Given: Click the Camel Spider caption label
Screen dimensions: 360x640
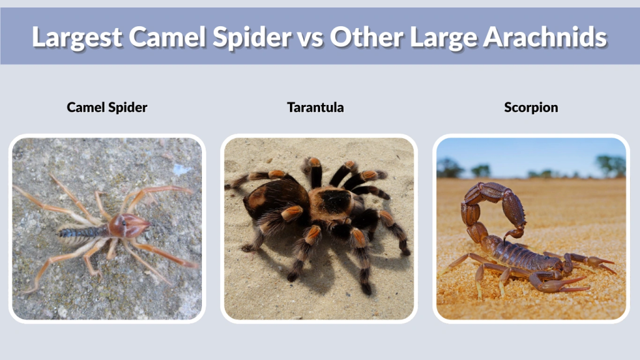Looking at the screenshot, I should click(x=107, y=107).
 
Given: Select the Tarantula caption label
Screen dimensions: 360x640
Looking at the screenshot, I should click(x=315, y=107).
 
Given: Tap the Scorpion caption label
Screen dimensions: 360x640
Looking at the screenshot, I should click(x=531, y=107).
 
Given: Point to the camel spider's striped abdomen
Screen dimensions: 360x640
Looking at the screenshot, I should click(x=81, y=232).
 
